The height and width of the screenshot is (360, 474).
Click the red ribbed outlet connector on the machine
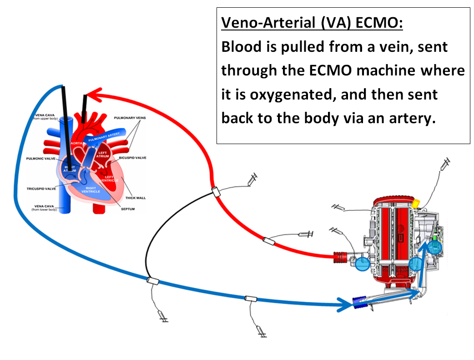[x=341, y=257]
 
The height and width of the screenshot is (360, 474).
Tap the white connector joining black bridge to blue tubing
[x=152, y=281]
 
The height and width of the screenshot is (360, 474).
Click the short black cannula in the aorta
[x=84, y=109]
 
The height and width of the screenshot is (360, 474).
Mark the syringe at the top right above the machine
[x=446, y=163]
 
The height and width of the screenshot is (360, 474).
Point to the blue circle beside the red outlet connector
[x=362, y=263]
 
